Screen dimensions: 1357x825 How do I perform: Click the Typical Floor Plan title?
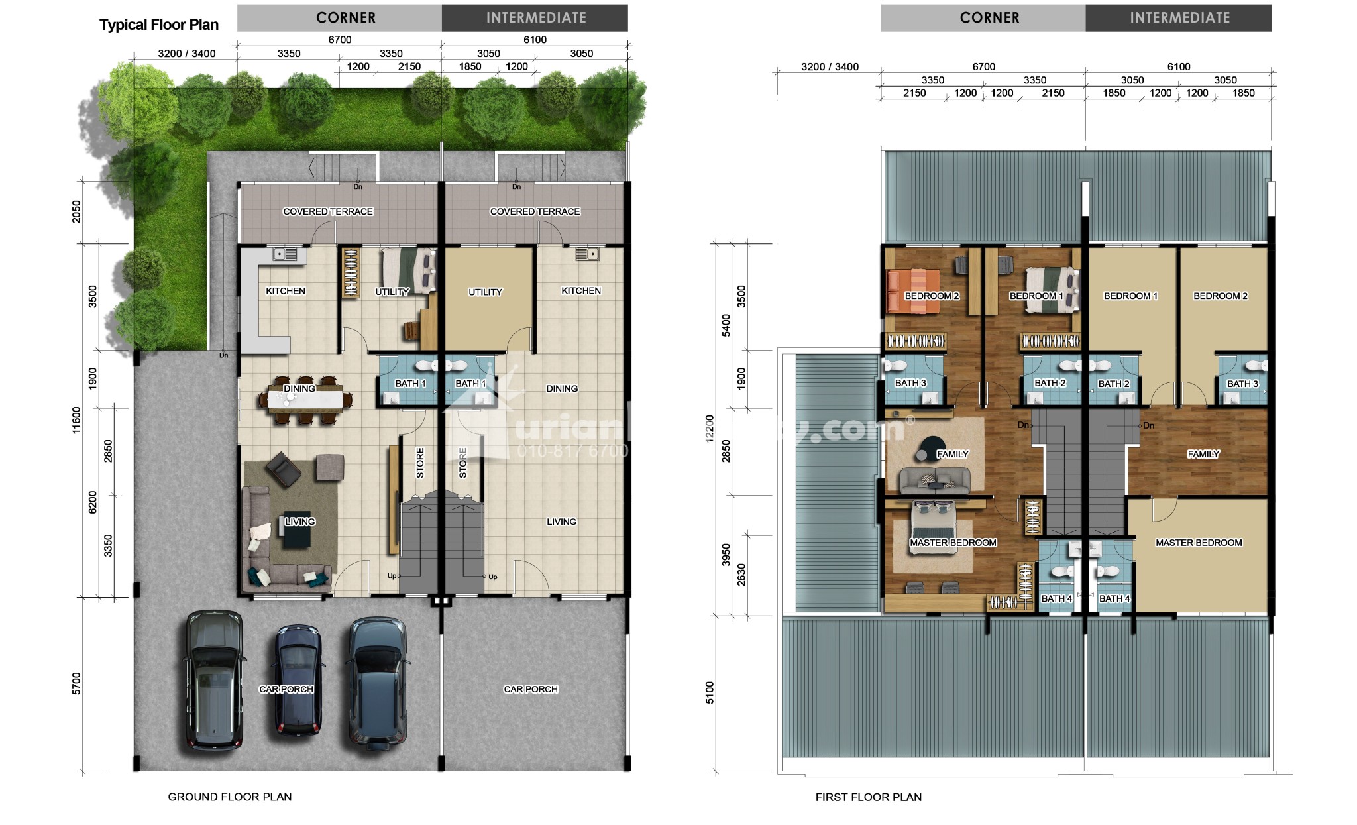[159, 25]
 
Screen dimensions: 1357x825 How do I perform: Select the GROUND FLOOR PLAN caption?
[230, 797]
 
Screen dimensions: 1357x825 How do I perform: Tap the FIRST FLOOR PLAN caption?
[869, 797]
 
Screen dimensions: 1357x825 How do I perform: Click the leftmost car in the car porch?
[213, 680]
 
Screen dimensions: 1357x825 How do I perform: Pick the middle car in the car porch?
[299, 679]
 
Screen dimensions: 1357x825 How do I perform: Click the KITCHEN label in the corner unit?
[286, 291]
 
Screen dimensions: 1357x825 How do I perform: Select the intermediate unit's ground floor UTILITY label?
[485, 292]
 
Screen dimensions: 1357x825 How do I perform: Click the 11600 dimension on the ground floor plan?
[76, 420]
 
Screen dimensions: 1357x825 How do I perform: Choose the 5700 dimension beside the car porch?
[76, 683]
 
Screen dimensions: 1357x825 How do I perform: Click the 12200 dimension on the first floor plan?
[710, 429]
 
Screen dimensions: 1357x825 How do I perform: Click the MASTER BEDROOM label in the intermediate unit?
[1199, 543]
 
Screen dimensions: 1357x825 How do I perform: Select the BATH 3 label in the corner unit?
[910, 383]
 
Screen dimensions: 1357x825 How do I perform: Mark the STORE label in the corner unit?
[419, 463]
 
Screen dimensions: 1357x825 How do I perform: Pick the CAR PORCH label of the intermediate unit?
[531, 689]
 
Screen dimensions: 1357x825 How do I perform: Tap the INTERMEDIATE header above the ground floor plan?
[536, 18]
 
